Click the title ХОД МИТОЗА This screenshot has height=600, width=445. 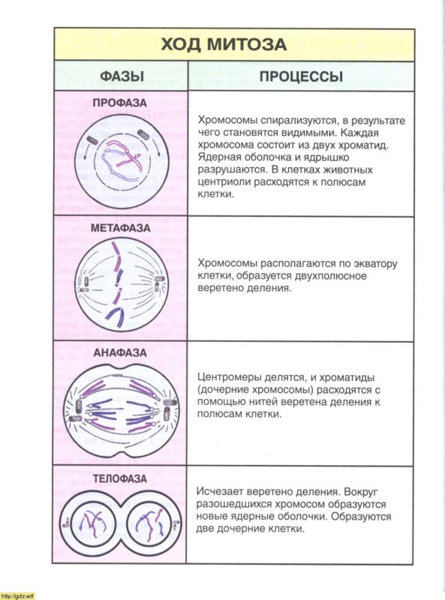224,44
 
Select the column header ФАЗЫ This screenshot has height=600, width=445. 122,76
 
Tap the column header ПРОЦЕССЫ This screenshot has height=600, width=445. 301,76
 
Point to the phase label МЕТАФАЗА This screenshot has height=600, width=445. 120,227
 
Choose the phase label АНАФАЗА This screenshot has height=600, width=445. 120,352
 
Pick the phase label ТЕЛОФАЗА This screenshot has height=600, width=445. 120,478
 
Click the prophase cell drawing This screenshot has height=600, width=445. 121,159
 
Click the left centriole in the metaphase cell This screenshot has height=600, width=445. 83,283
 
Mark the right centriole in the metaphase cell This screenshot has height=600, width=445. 158,283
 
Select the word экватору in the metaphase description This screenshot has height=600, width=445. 368,264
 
